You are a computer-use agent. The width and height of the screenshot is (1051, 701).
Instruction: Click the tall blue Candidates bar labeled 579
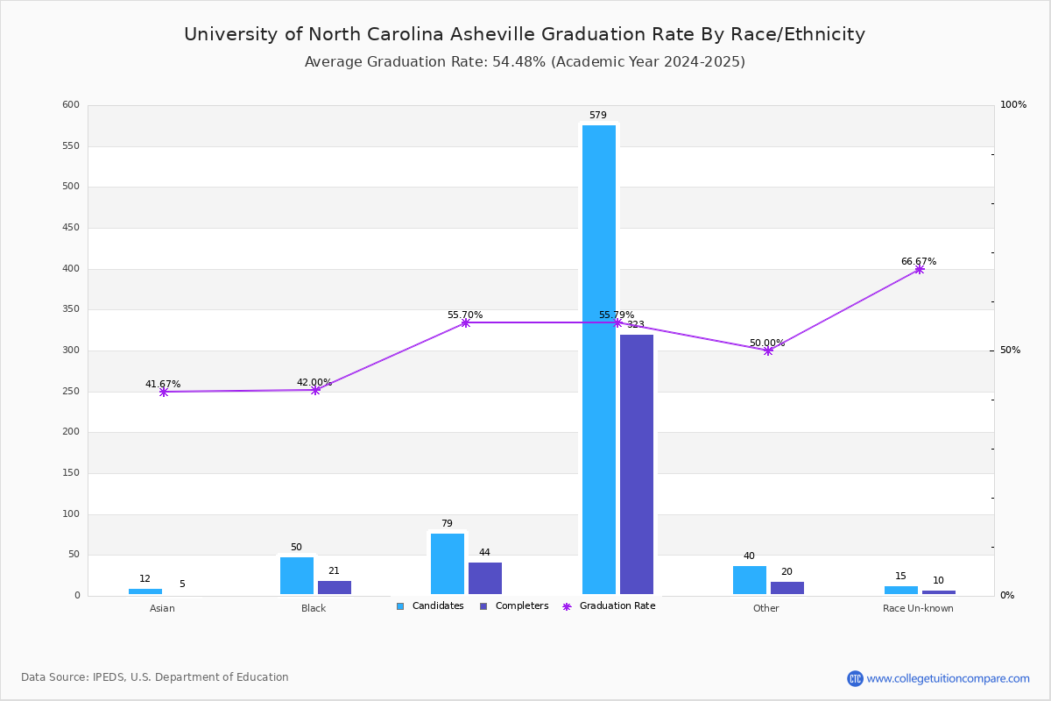(x=599, y=359)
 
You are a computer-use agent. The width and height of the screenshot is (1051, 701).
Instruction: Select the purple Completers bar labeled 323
(x=637, y=464)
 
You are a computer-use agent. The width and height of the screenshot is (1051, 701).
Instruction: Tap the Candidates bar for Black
(x=297, y=576)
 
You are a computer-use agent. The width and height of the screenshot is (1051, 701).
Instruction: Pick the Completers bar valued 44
(x=485, y=578)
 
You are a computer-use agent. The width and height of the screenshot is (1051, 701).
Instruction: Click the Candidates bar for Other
(x=750, y=580)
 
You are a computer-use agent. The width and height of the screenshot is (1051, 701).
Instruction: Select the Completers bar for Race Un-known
(x=939, y=592)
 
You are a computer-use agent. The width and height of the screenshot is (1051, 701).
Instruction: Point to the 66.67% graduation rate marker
(x=919, y=270)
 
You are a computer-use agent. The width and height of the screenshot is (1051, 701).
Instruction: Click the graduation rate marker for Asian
(x=164, y=393)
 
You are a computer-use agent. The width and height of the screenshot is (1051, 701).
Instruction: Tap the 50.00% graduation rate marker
(x=768, y=350)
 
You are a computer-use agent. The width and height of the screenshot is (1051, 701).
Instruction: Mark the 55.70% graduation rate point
(x=465, y=323)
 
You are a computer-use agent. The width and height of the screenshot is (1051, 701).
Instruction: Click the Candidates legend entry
(x=430, y=606)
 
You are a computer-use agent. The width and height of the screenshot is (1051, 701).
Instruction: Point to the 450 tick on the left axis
(x=70, y=228)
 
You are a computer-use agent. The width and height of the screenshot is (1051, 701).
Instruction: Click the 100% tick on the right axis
(x=1012, y=105)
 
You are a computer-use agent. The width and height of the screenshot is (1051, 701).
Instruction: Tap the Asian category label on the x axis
(x=162, y=609)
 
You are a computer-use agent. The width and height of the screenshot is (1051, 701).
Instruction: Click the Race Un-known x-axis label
(x=918, y=609)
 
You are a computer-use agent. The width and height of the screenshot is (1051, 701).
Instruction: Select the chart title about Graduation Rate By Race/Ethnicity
(x=525, y=35)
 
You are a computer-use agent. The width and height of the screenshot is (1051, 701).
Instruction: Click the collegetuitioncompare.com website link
(x=948, y=678)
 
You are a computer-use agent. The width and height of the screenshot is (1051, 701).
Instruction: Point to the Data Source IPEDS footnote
(x=155, y=677)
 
